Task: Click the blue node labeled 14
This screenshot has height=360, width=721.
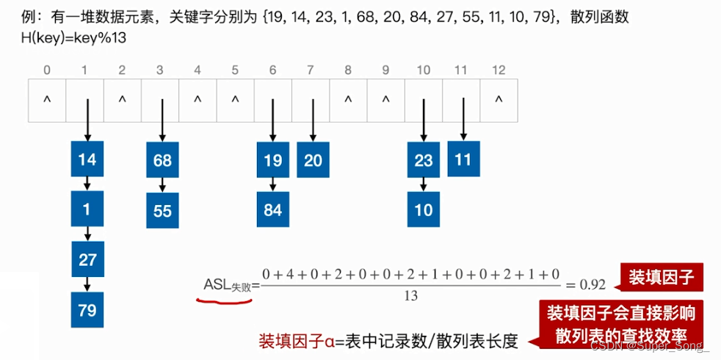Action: (x=87, y=159)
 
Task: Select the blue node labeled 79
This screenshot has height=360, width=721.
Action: (x=87, y=309)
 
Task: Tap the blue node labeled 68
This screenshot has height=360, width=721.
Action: (x=162, y=159)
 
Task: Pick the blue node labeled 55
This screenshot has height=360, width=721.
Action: (x=162, y=210)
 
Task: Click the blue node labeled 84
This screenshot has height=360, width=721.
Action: (x=273, y=210)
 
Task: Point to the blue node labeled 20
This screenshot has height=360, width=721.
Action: (x=313, y=159)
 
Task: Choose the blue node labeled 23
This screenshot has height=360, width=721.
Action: (x=424, y=159)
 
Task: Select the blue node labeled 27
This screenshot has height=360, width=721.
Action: (x=87, y=259)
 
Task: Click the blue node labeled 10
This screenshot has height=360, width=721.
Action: (x=424, y=210)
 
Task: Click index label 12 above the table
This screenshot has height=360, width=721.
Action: (x=499, y=71)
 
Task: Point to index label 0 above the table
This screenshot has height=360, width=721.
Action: (x=47, y=71)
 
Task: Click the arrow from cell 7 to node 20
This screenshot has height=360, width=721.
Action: (x=311, y=121)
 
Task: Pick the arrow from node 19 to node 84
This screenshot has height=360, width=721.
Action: (x=273, y=184)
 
